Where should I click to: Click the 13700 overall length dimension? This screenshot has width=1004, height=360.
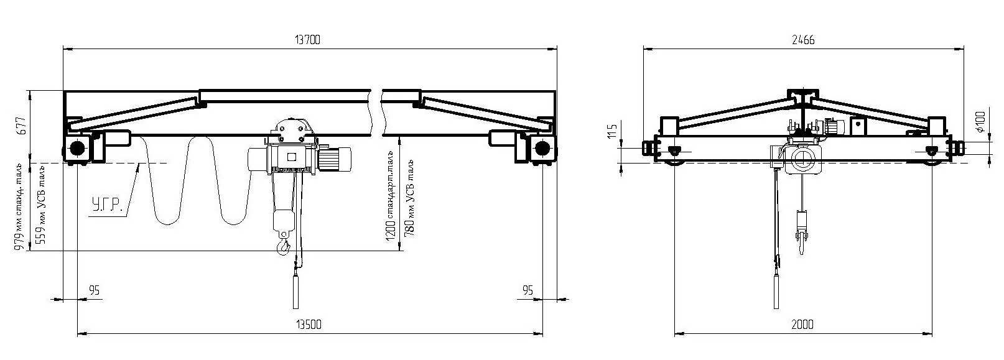click(x=307, y=40)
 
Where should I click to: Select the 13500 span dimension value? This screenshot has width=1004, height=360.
click(x=309, y=324)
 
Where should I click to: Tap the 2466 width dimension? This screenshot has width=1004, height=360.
click(x=803, y=40)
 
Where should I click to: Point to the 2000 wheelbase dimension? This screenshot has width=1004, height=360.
click(x=802, y=324)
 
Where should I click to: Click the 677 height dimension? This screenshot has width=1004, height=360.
click(x=23, y=126)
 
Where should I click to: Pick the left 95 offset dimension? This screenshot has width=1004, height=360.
click(x=94, y=290)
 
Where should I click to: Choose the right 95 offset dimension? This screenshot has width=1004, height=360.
click(x=528, y=290)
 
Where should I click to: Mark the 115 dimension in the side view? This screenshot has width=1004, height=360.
click(x=612, y=130)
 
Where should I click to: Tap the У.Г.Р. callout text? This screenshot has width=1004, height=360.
click(x=107, y=206)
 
